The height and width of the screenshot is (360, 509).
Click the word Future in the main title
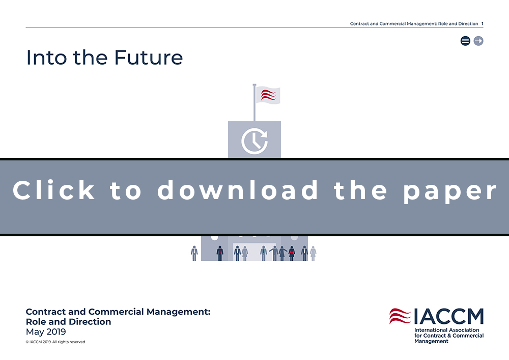pyautogui.click(x=148, y=58)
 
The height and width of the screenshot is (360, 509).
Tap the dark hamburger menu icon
pyautogui.click(x=465, y=41)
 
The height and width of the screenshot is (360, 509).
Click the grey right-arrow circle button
pyautogui.click(x=478, y=41)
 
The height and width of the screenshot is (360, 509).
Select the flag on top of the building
pyautogui.click(x=268, y=95)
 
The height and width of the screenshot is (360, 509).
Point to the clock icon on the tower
pyautogui.click(x=254, y=141)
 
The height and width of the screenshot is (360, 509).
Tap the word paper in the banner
pyautogui.click(x=450, y=192)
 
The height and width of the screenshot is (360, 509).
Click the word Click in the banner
pyautogui.click(x=53, y=190)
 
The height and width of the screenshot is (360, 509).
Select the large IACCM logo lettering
pyautogui.click(x=449, y=316)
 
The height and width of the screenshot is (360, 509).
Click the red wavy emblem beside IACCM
pyautogui.click(x=400, y=316)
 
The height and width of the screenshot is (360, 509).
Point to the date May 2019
pyautogui.click(x=46, y=332)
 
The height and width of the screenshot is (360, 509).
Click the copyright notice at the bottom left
pyautogui.click(x=55, y=342)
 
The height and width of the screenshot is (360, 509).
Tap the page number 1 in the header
pyautogui.click(x=483, y=24)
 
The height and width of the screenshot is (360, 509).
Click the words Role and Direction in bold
pyautogui.click(x=69, y=322)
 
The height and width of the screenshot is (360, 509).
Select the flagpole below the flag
pyautogui.click(x=254, y=102)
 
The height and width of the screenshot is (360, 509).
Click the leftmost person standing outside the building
pyautogui.click(x=194, y=253)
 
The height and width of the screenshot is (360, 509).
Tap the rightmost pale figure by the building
pyautogui.click(x=313, y=253)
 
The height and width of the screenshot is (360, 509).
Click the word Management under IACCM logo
pyautogui.click(x=431, y=341)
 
